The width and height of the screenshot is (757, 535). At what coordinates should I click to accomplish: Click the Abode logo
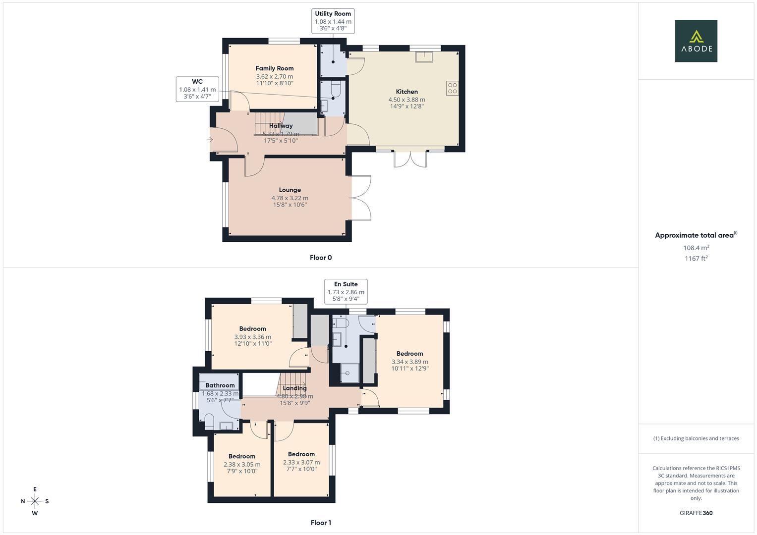696,41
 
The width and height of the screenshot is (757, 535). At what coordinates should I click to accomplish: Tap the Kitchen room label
407,92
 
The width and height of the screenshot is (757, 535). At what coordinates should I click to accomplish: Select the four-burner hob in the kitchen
452,88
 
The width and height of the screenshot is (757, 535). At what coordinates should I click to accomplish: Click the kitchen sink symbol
424,57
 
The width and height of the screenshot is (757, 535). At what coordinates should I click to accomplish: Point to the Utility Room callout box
333,21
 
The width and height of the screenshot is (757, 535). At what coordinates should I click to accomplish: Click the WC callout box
197,89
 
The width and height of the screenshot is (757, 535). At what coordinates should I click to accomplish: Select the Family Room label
275,68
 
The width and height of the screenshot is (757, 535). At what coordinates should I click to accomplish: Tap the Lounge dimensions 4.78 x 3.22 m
290,198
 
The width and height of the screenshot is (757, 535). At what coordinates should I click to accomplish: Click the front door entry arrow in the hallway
210,140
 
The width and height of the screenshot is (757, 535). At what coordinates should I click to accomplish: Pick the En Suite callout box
346,291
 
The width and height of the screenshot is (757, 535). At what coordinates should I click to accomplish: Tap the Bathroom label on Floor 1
220,385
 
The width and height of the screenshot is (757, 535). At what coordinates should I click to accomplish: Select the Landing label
294,388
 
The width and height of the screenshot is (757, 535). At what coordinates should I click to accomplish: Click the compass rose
35,501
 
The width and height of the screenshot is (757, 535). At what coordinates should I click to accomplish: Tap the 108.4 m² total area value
696,248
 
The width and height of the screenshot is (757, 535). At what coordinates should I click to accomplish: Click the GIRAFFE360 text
696,513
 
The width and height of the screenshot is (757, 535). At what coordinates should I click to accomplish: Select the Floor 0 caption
321,258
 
